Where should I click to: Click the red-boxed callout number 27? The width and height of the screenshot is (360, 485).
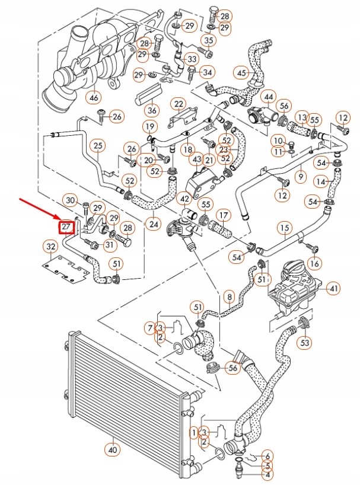66,226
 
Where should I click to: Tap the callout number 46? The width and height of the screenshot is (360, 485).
93,97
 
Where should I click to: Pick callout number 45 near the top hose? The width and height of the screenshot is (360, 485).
241,73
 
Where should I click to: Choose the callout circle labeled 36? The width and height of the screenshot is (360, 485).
152,110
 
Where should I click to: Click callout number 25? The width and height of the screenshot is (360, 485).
98,145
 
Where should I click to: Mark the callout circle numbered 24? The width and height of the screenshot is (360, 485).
154,224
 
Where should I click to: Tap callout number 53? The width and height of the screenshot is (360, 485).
305,342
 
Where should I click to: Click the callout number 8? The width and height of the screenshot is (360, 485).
229,295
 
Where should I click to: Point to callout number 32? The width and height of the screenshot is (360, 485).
51,246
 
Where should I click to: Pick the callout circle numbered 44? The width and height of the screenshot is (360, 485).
268,97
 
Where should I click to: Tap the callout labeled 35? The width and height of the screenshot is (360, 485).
208,40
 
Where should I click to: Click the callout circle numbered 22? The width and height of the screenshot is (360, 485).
179,104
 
